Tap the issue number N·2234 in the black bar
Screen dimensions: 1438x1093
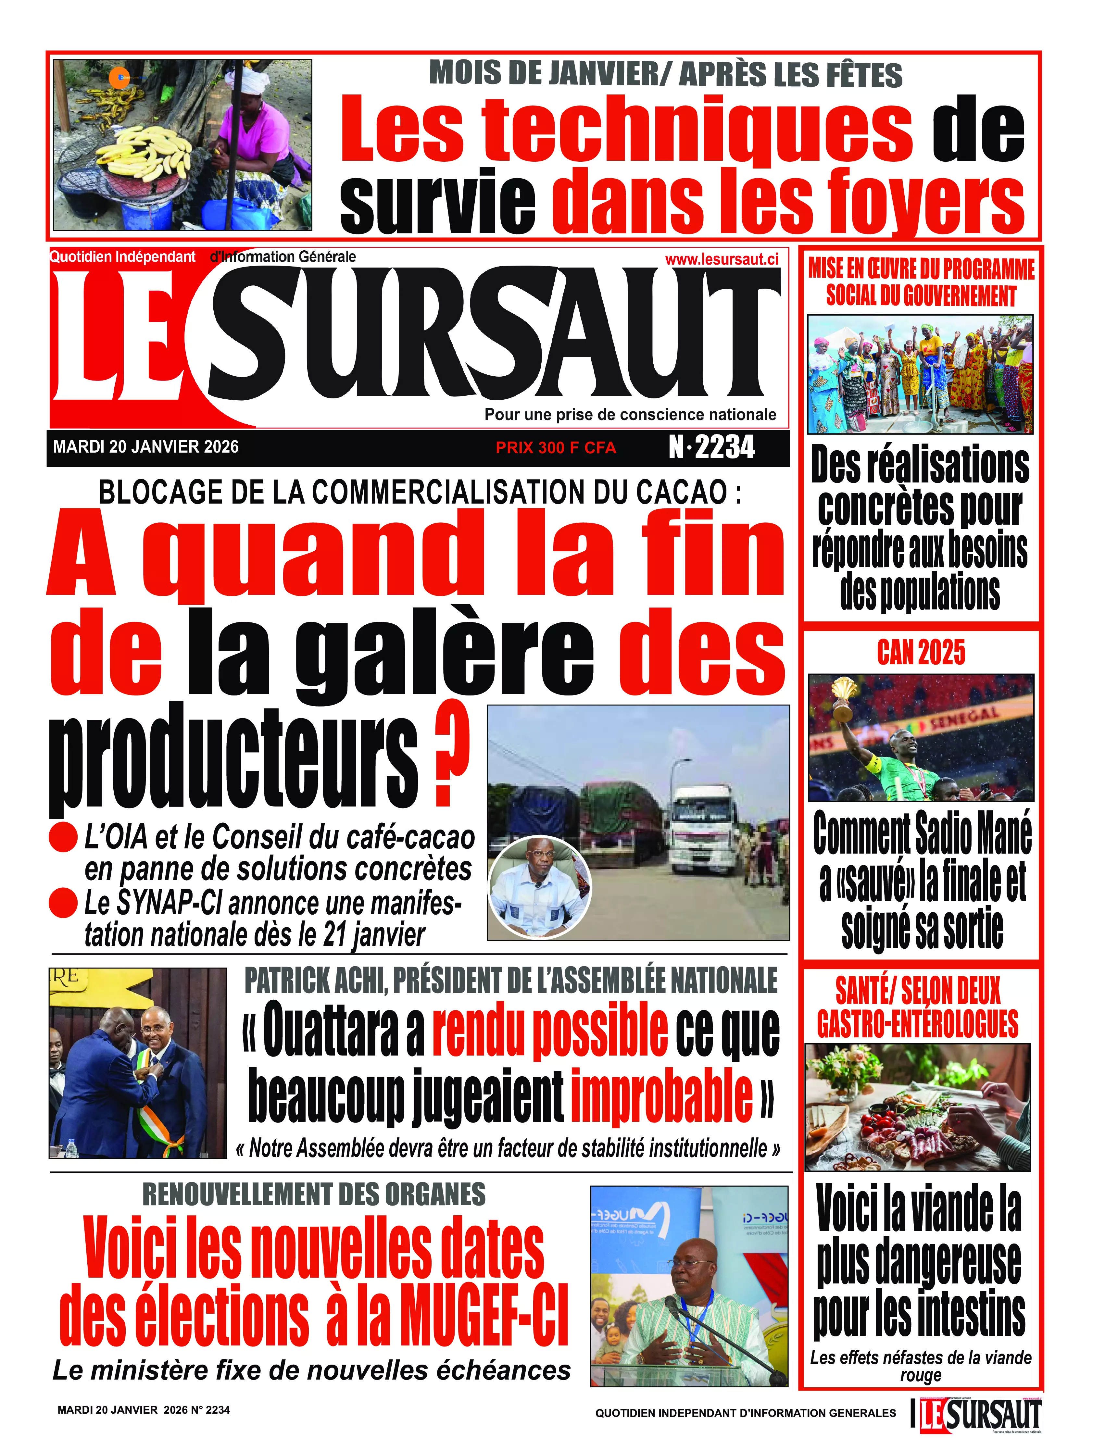tap(712, 447)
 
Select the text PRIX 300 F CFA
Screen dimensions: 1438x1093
tap(556, 448)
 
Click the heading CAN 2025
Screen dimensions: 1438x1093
tap(921, 652)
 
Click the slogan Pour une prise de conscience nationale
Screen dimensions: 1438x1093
tap(630, 415)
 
